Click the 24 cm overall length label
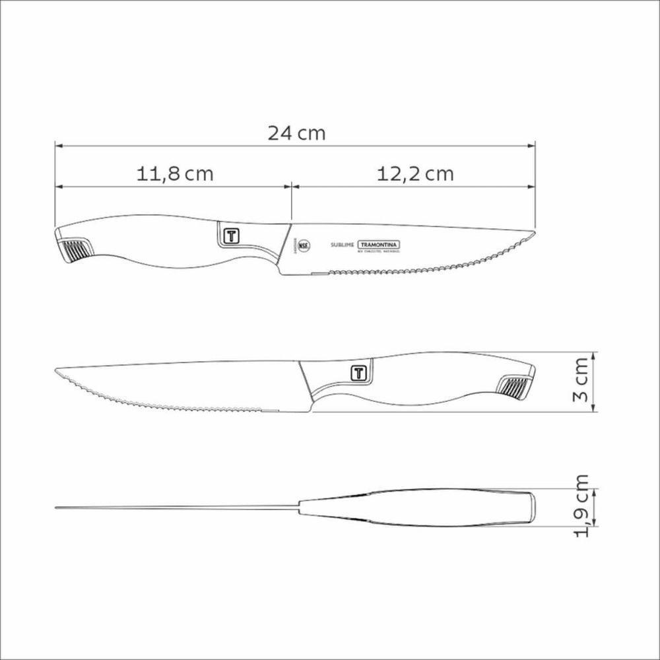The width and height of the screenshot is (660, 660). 296,133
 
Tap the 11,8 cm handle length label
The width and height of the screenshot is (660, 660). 175,174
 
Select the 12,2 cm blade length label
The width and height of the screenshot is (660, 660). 416,174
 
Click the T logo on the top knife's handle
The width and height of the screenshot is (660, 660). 231,236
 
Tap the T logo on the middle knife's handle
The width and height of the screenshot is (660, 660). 358,372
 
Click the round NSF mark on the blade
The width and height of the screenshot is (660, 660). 304,247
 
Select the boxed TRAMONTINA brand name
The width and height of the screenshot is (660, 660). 379,244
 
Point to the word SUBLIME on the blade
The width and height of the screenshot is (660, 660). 342,245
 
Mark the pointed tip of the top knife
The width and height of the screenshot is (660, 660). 533,232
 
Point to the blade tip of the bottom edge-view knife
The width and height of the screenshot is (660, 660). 57,507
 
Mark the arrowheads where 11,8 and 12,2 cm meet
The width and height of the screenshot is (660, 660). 291,185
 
